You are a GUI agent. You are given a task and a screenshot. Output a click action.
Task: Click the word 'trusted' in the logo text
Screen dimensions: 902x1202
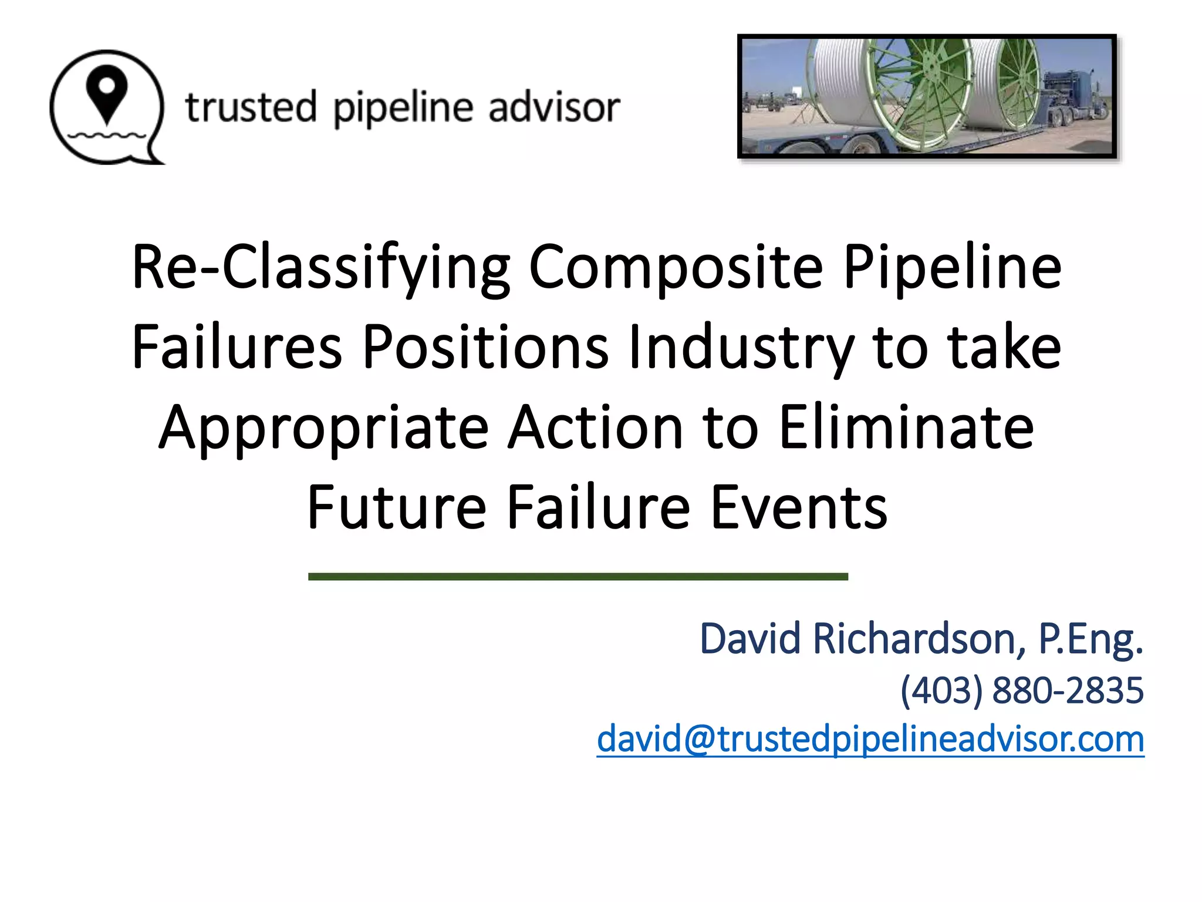(x=251, y=107)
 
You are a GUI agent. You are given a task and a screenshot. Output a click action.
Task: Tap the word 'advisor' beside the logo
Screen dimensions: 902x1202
(x=553, y=107)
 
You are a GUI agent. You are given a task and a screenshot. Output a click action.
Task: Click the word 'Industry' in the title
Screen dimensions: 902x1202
(x=740, y=348)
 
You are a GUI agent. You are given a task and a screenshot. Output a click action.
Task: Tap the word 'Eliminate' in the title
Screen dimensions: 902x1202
(x=906, y=427)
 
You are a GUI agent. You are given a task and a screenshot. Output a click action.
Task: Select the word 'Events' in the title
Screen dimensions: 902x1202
(x=799, y=507)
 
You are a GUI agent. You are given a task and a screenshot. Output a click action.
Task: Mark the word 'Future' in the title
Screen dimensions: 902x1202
(x=397, y=507)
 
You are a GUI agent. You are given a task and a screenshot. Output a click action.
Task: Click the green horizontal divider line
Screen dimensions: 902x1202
(x=578, y=577)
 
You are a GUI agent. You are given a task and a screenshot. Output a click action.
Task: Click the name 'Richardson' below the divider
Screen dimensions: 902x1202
(x=919, y=638)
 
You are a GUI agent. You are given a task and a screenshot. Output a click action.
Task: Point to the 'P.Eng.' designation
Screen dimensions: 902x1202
(x=1090, y=640)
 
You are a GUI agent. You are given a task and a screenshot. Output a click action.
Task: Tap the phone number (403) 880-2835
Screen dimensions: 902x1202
(x=1022, y=690)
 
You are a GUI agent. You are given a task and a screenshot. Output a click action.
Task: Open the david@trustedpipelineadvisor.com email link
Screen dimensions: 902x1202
(x=870, y=739)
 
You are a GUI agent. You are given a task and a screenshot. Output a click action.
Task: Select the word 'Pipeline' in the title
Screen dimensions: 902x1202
(x=952, y=267)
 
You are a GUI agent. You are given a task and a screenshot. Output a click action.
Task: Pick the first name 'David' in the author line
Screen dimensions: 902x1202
(x=750, y=638)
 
